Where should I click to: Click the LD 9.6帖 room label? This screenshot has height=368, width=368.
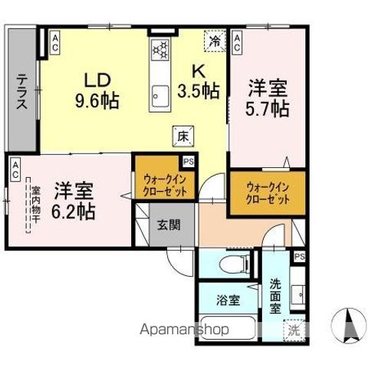(94, 89)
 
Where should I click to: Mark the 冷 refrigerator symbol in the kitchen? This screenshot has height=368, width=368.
(215, 41)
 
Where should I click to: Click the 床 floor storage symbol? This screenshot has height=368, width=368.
(184, 134)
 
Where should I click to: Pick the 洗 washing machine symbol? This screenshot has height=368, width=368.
(294, 331)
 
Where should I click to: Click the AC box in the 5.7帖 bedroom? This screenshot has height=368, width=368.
(238, 41)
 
